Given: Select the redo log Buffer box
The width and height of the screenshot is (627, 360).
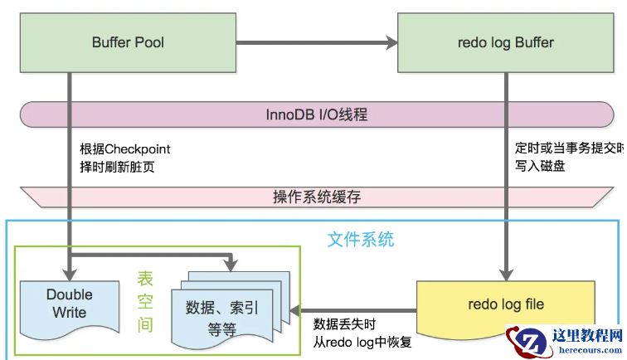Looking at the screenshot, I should coord(505,42).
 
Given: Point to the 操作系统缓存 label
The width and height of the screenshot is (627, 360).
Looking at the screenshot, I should coord(317,197).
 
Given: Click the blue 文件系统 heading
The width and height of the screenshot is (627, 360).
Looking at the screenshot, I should coord(360,241).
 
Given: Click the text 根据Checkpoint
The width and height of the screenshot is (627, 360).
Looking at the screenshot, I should coord(124,149).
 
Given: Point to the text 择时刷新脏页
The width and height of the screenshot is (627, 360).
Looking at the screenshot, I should coord(116,167).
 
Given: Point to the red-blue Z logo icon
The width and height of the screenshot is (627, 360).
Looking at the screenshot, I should coord(524,343).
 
